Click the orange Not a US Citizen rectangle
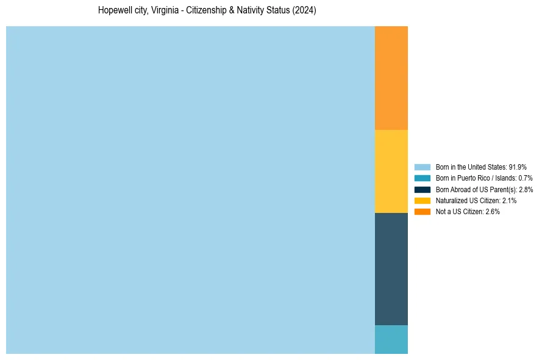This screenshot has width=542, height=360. [x=391, y=78]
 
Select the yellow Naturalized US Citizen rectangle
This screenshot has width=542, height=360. [x=391, y=171]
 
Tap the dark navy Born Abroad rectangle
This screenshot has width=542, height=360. [x=391, y=268]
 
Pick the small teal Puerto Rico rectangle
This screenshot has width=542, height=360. [x=391, y=339]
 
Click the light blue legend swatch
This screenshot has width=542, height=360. [x=423, y=167]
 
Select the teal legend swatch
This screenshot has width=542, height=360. [x=423, y=178]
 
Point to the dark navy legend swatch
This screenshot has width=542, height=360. [x=423, y=189]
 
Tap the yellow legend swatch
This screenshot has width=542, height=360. [x=423, y=200]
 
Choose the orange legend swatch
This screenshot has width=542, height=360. [x=423, y=211]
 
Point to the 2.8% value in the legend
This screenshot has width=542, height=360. [x=526, y=190]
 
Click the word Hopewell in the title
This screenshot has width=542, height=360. [x=113, y=10]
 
